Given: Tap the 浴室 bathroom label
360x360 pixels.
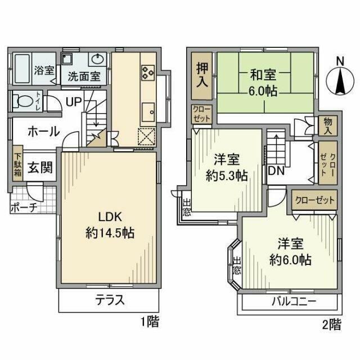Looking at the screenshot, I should (x=44, y=71).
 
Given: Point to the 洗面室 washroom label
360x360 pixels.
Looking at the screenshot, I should (x=84, y=76).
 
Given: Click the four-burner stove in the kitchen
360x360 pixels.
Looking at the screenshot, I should (x=148, y=71).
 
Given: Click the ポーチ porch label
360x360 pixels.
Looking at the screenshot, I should (x=24, y=207).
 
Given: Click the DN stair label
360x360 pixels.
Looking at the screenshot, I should (x=276, y=171).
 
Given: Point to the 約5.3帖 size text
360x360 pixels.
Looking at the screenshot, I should (x=227, y=175).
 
